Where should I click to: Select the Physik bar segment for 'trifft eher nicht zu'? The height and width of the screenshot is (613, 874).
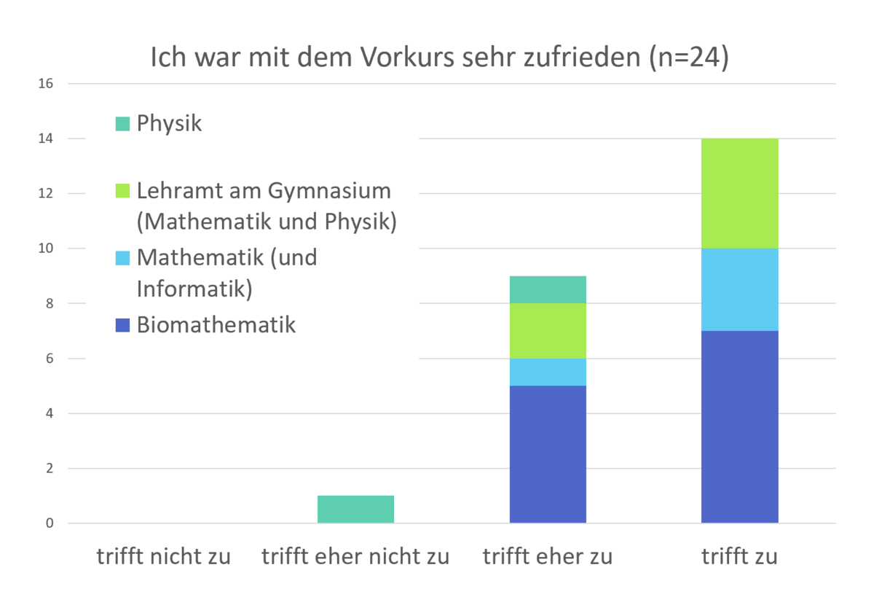355,509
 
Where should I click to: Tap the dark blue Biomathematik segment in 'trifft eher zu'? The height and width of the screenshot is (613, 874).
548,454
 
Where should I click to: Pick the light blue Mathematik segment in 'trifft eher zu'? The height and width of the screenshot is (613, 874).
548,372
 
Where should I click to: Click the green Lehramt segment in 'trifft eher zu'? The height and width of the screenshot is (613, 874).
548,330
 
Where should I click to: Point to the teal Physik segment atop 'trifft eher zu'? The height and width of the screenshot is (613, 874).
548,289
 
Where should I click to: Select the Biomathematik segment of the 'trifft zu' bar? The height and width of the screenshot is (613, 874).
739,426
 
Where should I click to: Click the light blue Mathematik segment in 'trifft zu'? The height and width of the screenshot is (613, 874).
739,289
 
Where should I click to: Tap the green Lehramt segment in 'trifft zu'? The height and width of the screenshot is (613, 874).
739,193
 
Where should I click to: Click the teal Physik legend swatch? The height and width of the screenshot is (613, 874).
122,124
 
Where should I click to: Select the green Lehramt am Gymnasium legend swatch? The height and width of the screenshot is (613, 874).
122,192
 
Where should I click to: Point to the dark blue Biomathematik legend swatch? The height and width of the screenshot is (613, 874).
122,325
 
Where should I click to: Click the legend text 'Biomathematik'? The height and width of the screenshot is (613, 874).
216,324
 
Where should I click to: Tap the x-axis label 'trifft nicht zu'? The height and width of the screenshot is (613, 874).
164,558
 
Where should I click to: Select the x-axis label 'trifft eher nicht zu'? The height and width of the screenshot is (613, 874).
355,558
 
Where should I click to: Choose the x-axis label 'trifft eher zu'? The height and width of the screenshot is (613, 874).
548,558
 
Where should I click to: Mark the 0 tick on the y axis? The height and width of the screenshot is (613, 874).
50,523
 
